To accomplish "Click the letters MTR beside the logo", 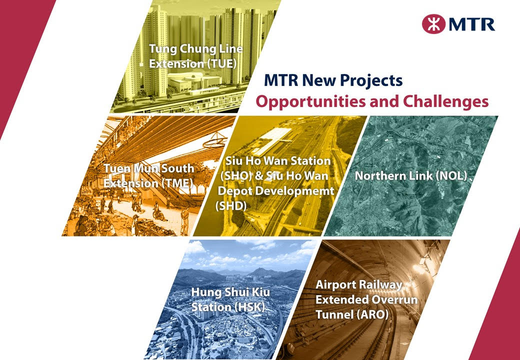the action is pos(472,24).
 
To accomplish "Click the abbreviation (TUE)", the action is pos(221,63).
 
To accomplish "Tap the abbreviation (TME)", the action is pos(177,183).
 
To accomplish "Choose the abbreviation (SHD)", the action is pos(231,206).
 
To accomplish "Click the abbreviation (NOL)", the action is pos(451,175).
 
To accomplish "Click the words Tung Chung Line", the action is pos(196,48).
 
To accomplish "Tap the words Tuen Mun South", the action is pos(149,168).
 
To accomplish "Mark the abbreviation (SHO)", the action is pos(236,175).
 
